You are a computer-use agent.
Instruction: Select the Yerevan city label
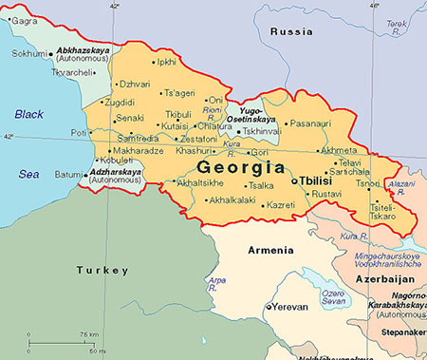(x=292, y=307)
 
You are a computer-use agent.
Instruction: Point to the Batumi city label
(x=68, y=174)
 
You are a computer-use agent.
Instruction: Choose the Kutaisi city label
(x=175, y=125)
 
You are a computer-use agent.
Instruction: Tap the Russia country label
(x=291, y=31)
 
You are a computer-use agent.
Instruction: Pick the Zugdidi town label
(x=120, y=101)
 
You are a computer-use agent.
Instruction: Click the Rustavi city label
(x=326, y=195)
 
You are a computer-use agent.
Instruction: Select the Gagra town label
(x=25, y=20)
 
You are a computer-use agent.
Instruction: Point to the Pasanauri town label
(x=310, y=123)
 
